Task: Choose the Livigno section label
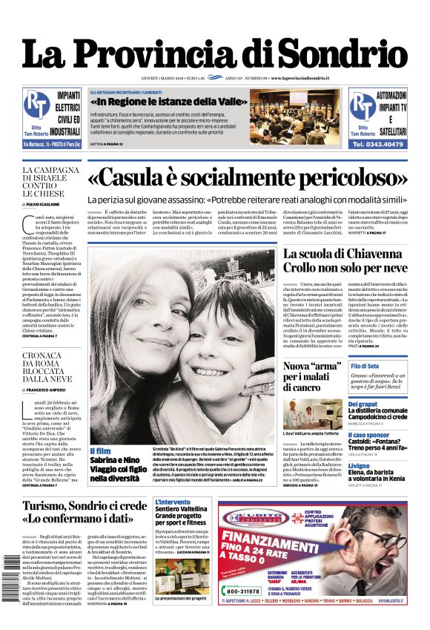point(360,466)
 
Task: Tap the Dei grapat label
point(363,404)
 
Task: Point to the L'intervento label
point(172,502)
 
